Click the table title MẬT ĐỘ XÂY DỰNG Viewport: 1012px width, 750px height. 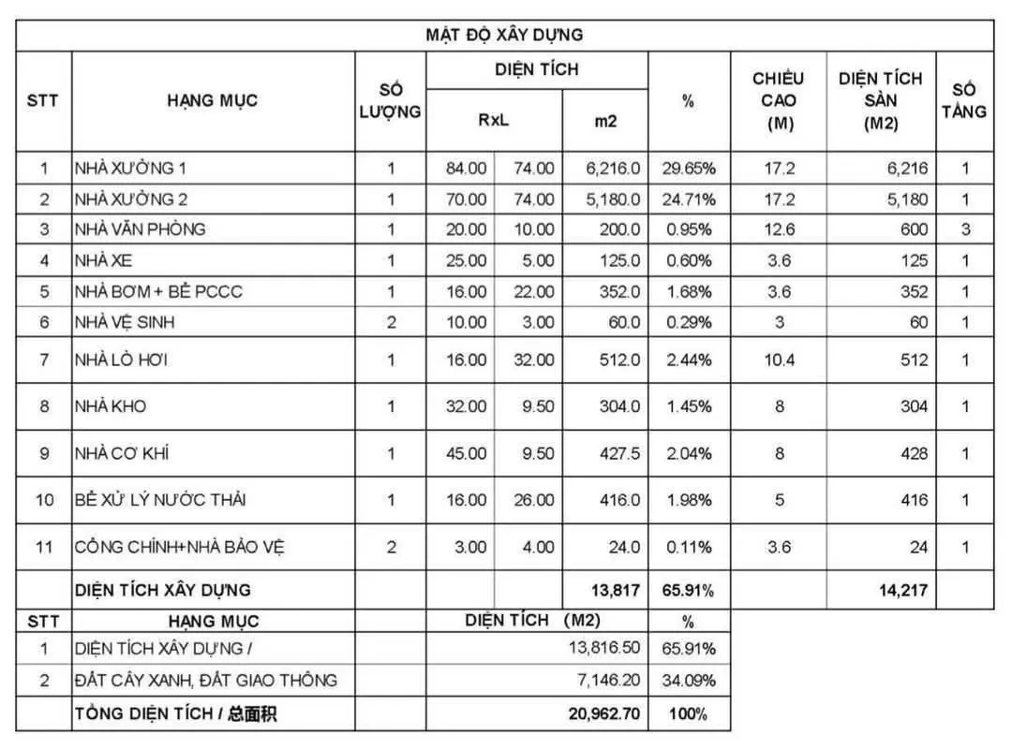click(504, 35)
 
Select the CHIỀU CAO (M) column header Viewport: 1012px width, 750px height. click(778, 100)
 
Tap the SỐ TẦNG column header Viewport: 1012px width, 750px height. click(964, 100)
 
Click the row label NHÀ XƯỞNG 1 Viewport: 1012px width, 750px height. click(131, 169)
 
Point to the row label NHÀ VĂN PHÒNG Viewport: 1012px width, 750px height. click(141, 229)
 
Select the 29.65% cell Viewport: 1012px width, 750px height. click(690, 169)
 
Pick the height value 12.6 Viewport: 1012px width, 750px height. click(779, 229)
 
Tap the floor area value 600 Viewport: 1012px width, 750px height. click(913, 229)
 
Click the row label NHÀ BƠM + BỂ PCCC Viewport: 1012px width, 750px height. click(159, 291)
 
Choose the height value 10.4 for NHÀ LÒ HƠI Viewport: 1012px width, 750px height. click(779, 360)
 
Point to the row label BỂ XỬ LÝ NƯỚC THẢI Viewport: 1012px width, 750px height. click(160, 500)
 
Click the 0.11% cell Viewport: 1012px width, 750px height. click(690, 548)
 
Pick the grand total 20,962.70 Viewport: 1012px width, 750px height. click(604, 714)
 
